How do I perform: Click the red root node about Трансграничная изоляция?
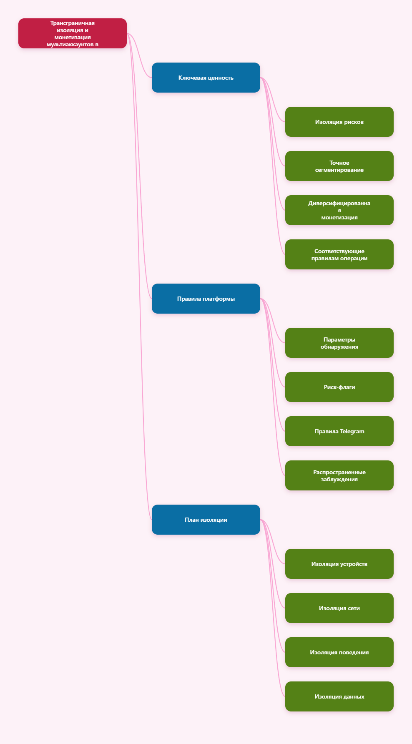pos(73,33)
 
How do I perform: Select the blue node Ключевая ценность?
pos(206,78)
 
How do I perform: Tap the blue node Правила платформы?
pos(206,299)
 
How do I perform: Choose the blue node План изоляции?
pos(206,520)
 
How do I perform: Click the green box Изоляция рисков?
pos(339,122)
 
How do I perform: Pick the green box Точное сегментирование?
pos(339,166)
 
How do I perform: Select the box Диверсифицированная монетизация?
pos(339,210)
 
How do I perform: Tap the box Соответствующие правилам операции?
pos(339,254)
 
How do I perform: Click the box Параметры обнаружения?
pos(339,343)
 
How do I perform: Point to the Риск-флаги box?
pos(339,387)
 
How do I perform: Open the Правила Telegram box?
pos(339,431)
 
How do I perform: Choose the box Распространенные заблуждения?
pos(339,475)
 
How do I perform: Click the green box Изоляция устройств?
pos(339,564)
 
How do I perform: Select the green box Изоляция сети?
pos(339,608)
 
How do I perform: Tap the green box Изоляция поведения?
pos(339,652)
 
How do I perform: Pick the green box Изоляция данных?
pos(339,696)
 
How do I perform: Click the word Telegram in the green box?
pos(352,431)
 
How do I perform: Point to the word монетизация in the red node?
pos(73,37)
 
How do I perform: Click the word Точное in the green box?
pos(339,163)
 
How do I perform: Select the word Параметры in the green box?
pos(339,339)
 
